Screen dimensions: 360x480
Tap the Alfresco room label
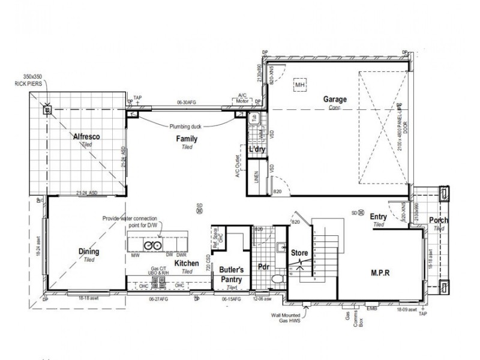point(86,137)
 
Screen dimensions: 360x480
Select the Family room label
point(187,139)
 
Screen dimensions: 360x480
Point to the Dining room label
point(89,252)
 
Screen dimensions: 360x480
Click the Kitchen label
point(187,263)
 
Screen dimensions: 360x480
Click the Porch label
point(439,221)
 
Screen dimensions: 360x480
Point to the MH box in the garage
point(300,86)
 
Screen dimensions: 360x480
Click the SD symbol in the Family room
point(199,208)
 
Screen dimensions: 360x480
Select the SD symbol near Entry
point(355,213)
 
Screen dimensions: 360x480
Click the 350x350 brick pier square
point(47,110)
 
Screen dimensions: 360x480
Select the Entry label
point(378,217)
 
